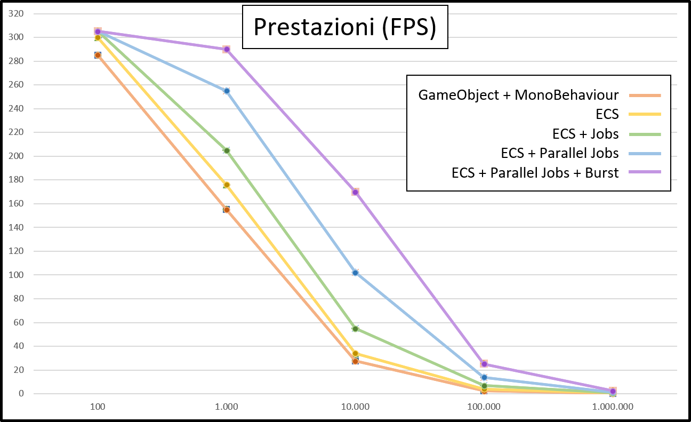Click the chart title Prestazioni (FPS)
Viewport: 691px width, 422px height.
(x=345, y=27)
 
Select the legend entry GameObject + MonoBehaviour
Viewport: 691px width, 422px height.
(x=518, y=95)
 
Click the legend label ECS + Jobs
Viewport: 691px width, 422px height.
(x=585, y=134)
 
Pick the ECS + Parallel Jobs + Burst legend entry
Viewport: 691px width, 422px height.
(x=535, y=173)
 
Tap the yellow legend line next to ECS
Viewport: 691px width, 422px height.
(x=645, y=115)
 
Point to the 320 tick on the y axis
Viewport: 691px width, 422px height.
(x=16, y=13)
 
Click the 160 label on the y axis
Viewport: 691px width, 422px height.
(x=16, y=203)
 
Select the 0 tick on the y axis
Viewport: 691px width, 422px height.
(x=21, y=393)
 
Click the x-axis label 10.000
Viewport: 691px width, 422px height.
(x=355, y=407)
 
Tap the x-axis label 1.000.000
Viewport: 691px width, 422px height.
(x=613, y=407)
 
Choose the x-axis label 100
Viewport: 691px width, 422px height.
(x=98, y=407)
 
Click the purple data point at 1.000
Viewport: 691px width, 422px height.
(x=227, y=49)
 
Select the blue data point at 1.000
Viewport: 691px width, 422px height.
(x=227, y=91)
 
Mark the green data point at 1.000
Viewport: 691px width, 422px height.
(x=227, y=150)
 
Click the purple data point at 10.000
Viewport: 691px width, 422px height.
(x=356, y=192)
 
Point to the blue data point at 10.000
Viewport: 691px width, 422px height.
(x=356, y=273)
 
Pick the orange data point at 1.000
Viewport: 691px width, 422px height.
(x=227, y=210)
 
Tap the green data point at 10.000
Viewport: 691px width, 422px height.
(x=356, y=329)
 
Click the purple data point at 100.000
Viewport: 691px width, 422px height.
(x=484, y=364)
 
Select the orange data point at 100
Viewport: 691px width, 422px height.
(x=98, y=55)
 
